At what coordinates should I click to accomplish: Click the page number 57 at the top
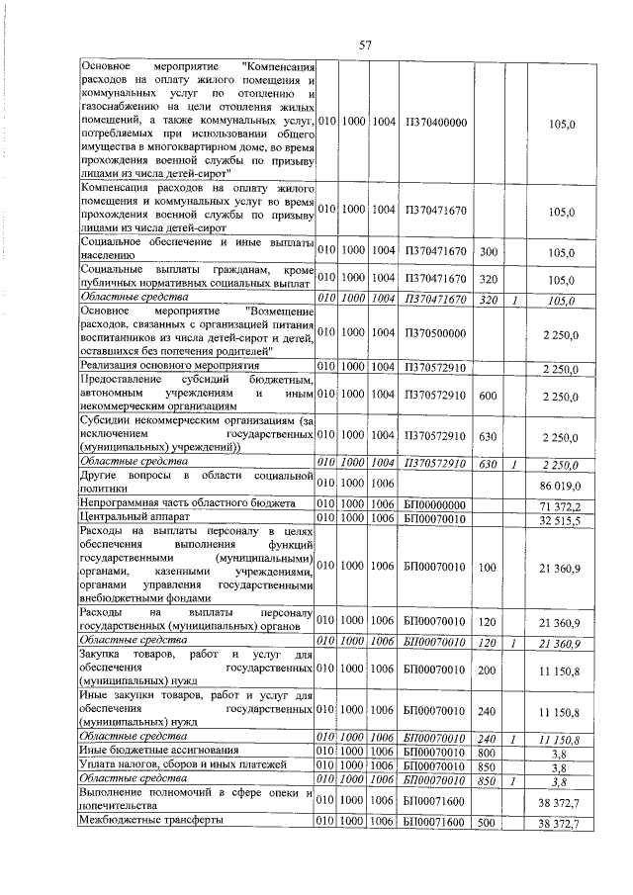pyautogui.click(x=365, y=45)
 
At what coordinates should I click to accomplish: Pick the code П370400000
pyautogui.click(x=435, y=122)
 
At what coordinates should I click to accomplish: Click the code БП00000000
pyautogui.click(x=435, y=504)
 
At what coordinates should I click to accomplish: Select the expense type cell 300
pyautogui.click(x=488, y=252)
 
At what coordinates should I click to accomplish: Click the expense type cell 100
pyautogui.click(x=488, y=565)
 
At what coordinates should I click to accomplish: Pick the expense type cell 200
pyautogui.click(x=488, y=670)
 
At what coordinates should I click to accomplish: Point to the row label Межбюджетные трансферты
pyautogui.click(x=150, y=822)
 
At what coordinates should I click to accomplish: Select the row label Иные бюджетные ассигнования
pyautogui.click(x=161, y=752)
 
